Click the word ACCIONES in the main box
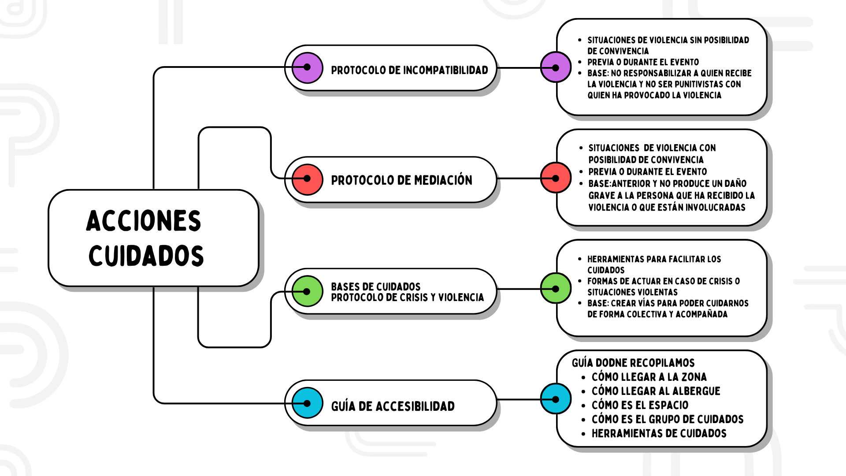click(x=144, y=221)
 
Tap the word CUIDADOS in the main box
click(x=146, y=256)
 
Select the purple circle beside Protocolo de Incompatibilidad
click(x=307, y=67)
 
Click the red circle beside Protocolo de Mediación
click(x=307, y=179)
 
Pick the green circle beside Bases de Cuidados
click(x=307, y=291)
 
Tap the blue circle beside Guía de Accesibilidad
click(x=307, y=403)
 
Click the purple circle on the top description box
click(x=556, y=67)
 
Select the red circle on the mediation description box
click(x=556, y=178)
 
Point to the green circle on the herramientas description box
click(x=556, y=289)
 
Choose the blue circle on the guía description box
click(x=556, y=399)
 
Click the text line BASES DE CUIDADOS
click(x=375, y=286)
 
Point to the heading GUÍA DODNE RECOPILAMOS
click(x=633, y=363)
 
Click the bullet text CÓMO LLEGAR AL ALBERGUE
click(x=656, y=391)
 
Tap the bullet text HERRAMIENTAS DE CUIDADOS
click(x=659, y=434)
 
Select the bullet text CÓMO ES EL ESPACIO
click(x=640, y=405)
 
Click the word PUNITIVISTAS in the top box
click(x=697, y=84)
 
